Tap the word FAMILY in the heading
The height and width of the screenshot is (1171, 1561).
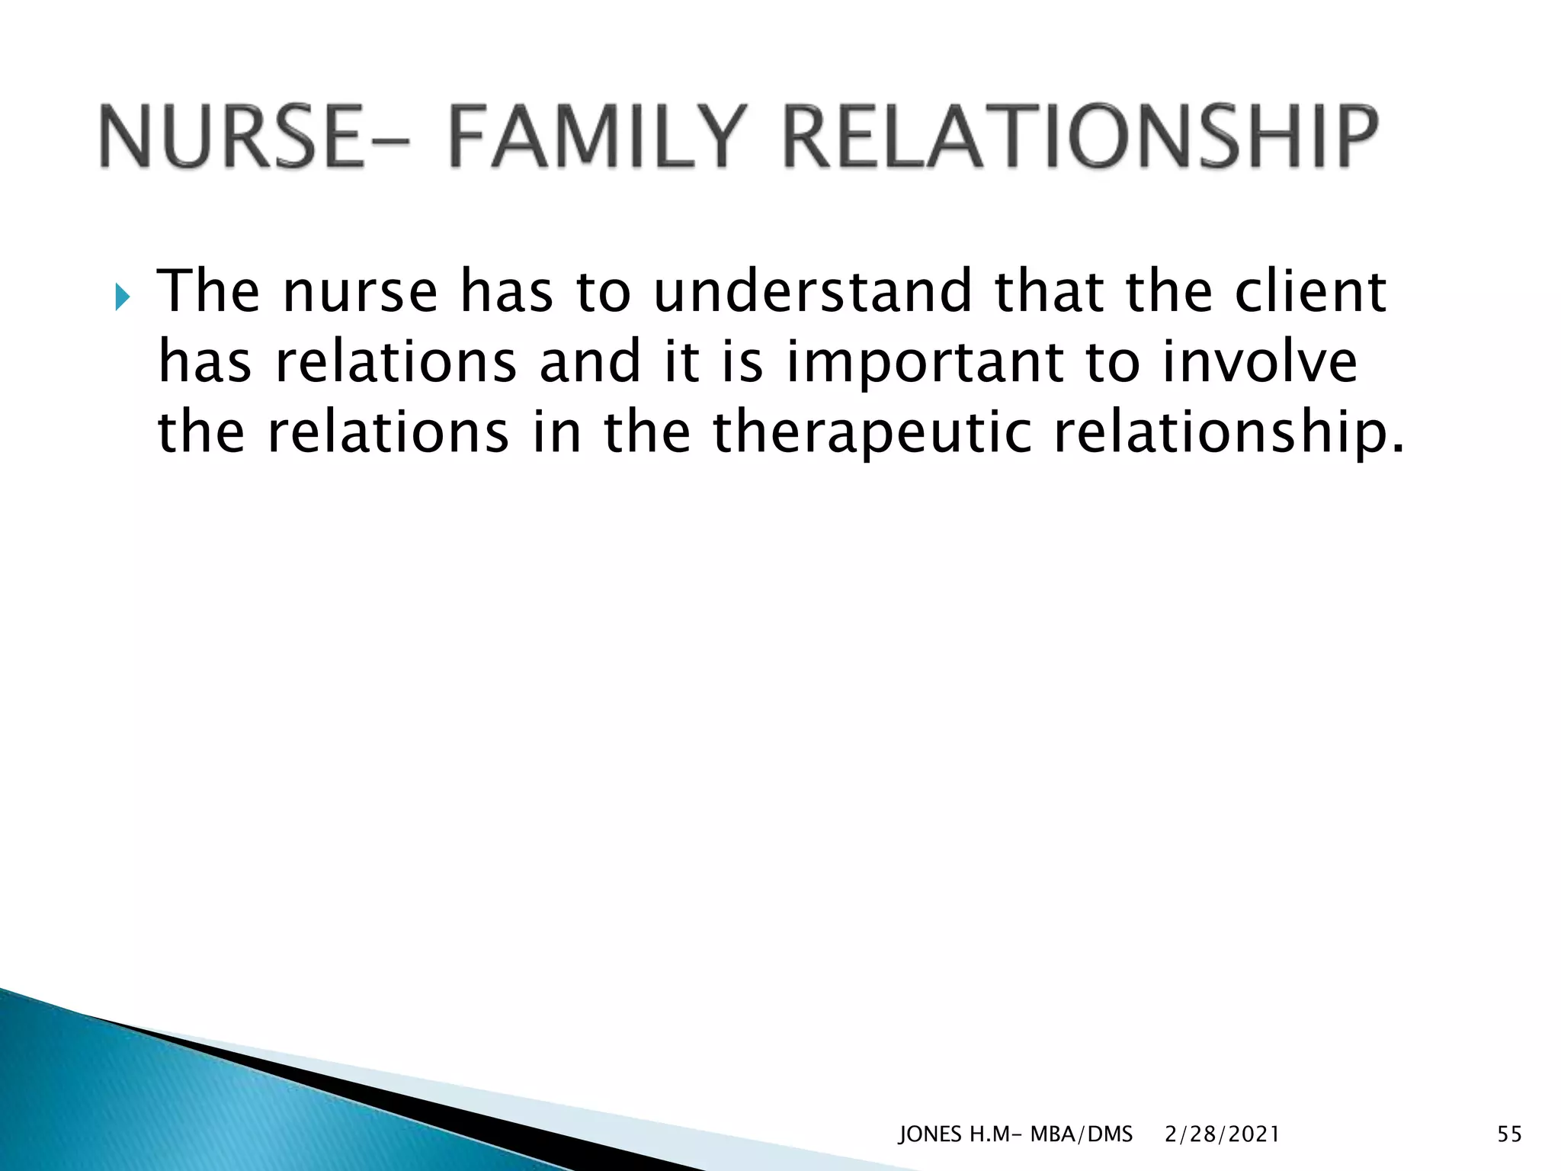(x=594, y=137)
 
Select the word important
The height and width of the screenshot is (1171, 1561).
(x=925, y=362)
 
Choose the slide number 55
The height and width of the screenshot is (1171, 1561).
(x=1509, y=1134)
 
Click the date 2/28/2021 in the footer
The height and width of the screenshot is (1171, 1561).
(x=1222, y=1134)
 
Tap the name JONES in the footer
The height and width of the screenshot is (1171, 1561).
(x=931, y=1134)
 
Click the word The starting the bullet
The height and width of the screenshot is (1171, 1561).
(x=208, y=292)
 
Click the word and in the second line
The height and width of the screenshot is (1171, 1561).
(x=589, y=362)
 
